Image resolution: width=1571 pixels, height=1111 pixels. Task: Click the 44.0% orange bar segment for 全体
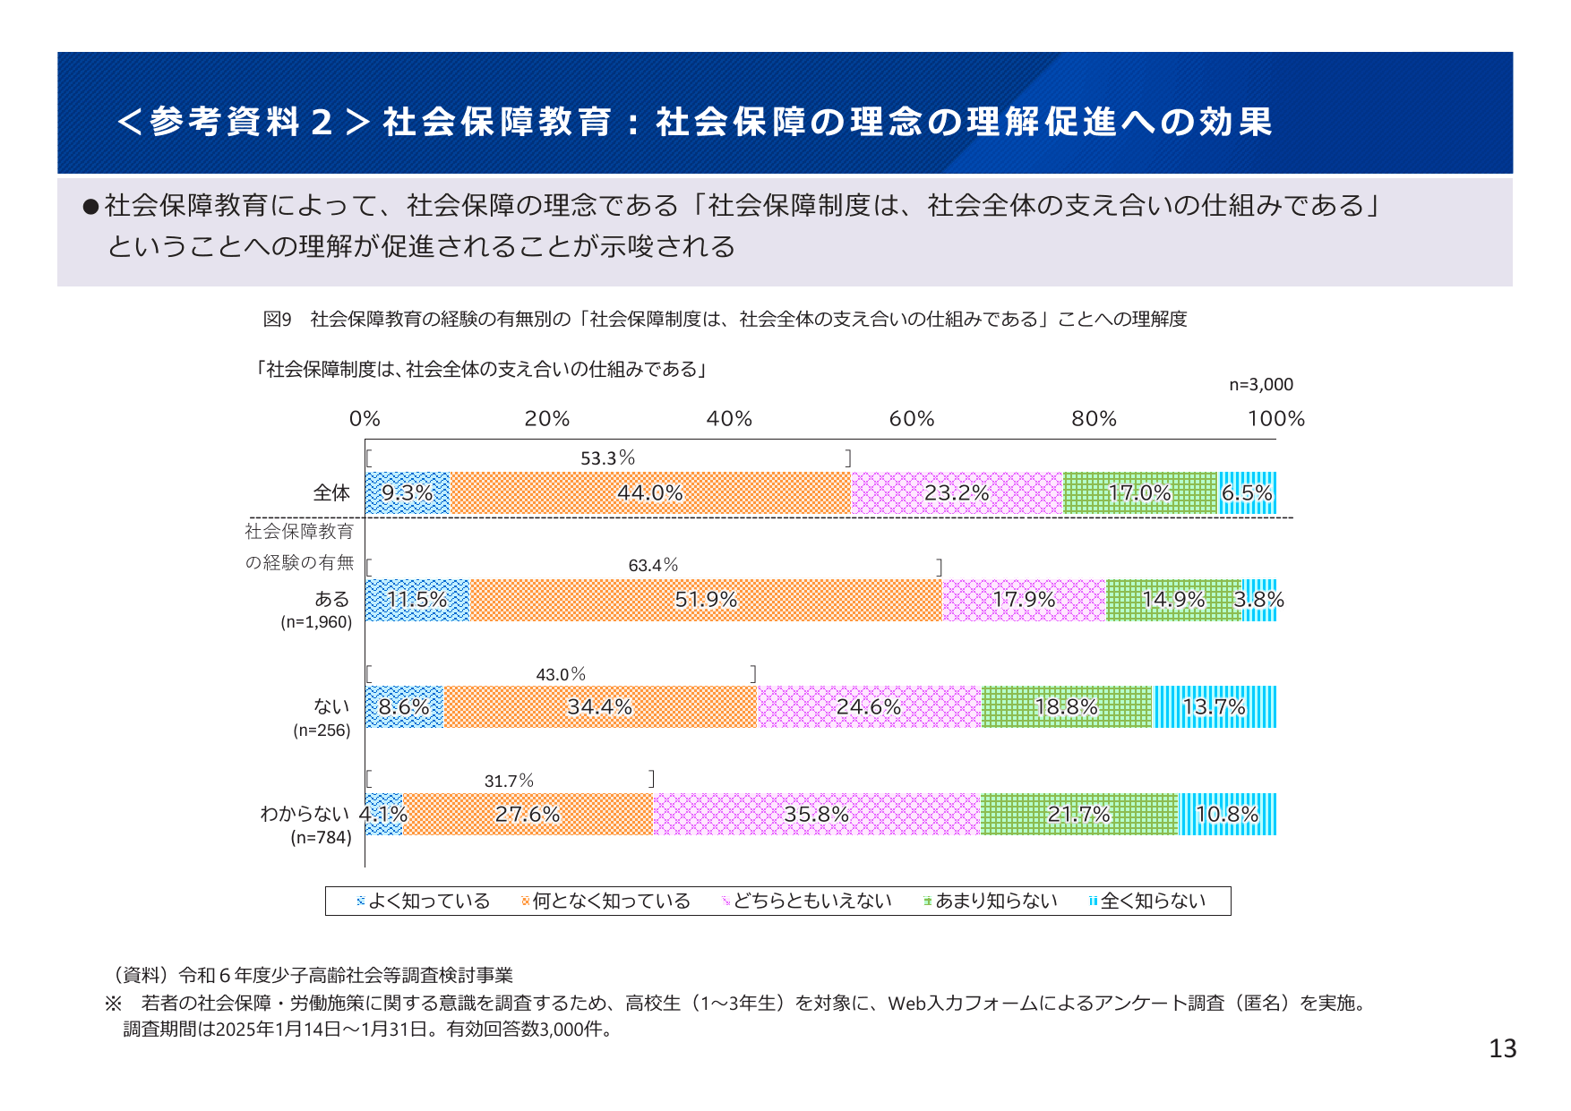click(650, 492)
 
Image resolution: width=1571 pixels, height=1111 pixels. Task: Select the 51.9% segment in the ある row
click(706, 600)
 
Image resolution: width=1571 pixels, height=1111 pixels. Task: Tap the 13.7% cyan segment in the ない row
click(1214, 707)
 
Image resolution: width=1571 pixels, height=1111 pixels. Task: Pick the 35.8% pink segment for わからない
click(816, 814)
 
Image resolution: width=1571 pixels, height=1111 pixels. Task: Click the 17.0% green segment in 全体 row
click(1139, 492)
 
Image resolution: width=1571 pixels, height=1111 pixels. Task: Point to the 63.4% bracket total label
click(653, 565)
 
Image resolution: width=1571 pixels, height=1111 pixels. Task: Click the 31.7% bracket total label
click(509, 781)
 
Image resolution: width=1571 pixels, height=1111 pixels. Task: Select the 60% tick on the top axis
click(911, 419)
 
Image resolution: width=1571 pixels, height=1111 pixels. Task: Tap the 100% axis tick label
click(1275, 419)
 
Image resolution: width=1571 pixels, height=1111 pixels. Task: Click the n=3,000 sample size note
click(1260, 384)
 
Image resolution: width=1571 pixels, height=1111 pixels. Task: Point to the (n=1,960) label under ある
click(316, 622)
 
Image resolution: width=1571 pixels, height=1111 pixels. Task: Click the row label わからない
click(305, 813)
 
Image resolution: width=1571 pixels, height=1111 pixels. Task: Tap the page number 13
click(1502, 1048)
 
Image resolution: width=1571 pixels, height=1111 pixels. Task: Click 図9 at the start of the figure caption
click(277, 319)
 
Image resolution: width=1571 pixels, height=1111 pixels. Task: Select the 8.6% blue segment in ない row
click(404, 707)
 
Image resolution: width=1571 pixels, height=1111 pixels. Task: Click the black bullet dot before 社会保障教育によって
click(90, 207)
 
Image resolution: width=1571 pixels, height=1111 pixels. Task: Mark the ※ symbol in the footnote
click(113, 1003)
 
